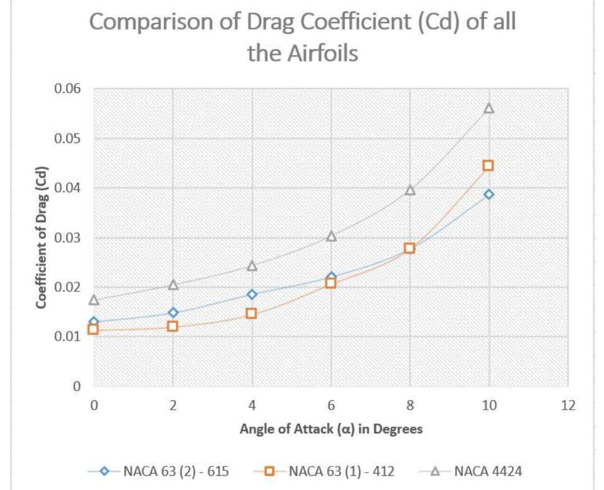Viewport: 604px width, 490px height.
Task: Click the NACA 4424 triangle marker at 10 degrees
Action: coord(488,108)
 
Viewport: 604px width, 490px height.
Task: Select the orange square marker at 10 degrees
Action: coord(488,166)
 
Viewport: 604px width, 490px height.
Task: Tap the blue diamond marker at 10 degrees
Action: coord(488,194)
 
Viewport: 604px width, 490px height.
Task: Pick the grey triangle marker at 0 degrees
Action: coord(94,300)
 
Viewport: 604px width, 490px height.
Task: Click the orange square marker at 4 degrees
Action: coord(251,313)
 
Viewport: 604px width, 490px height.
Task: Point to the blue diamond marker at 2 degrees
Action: coord(173,313)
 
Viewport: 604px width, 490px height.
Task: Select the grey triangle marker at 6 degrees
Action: coord(331,236)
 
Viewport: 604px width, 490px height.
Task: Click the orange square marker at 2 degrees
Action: coord(173,326)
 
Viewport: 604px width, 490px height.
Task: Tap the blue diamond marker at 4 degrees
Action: coord(251,294)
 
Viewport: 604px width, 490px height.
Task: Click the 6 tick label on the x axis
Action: coord(331,406)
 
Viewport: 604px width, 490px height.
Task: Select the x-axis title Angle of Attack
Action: coord(331,429)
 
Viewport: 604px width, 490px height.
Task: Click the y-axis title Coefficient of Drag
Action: coord(41,237)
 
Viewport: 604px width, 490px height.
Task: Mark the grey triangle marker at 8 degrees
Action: coord(410,190)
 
